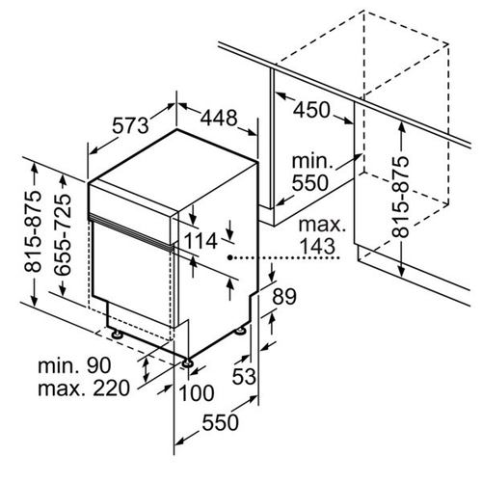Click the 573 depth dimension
130,125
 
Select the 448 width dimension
219,118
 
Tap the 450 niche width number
311,110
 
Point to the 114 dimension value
201,241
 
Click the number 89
284,297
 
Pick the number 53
244,376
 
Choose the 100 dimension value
196,392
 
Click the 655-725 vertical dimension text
63,234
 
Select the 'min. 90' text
74,365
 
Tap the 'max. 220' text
84,388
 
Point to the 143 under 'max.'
317,247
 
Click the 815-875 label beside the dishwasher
33,231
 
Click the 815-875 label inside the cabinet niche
400,197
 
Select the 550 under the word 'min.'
310,182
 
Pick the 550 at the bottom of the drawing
221,422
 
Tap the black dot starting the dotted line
230,257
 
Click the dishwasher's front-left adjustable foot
117,335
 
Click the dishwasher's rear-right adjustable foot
240,331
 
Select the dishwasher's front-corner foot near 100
187,363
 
